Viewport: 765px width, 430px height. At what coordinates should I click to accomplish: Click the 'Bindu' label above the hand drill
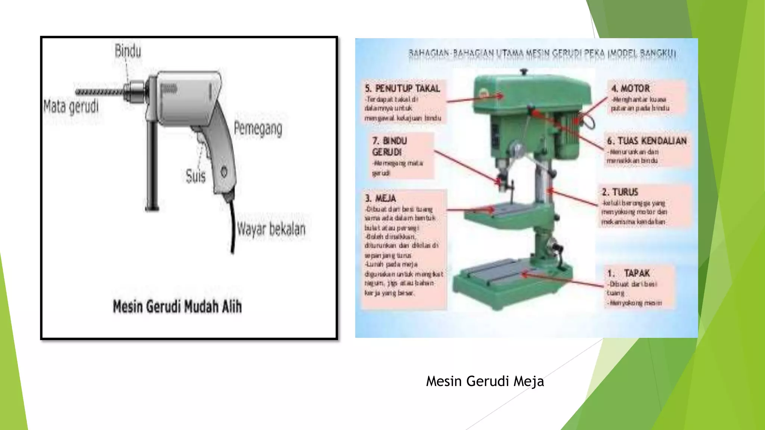pos(128,51)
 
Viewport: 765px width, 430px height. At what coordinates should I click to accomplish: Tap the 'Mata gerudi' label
pos(71,106)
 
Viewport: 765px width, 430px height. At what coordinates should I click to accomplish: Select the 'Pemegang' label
pos(258,129)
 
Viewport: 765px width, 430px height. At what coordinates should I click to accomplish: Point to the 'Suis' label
pos(196,176)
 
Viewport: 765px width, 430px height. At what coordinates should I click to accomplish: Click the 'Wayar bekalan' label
pos(271,229)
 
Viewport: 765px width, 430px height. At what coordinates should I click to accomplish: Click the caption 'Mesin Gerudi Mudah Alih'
pos(177,307)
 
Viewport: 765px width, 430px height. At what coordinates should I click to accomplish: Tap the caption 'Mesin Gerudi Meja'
pos(485,381)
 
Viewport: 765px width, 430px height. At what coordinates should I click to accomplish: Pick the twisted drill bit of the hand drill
pos(99,92)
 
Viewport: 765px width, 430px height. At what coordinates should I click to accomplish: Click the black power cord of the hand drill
pos(232,228)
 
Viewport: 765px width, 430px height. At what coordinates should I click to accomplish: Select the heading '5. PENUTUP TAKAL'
pos(402,88)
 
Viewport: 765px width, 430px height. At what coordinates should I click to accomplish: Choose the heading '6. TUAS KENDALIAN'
pos(647,141)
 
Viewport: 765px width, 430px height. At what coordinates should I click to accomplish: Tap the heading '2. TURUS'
pos(620,192)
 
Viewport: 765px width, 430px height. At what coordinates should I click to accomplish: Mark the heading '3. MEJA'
pos(380,198)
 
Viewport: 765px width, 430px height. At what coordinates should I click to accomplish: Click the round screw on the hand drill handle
pos(224,172)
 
